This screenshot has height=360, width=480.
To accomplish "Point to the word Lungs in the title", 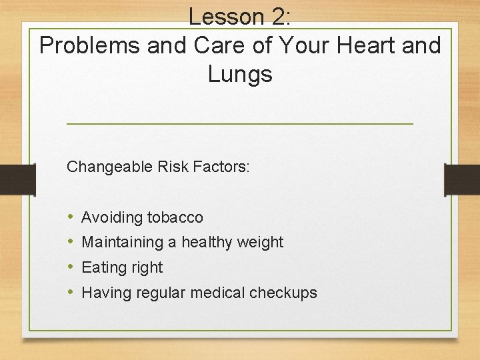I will (x=240, y=74).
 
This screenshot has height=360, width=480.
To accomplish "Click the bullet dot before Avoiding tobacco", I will (x=71, y=217).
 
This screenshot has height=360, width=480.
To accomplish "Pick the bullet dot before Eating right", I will (x=71, y=267).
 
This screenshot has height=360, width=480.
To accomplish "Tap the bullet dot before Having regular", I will (x=71, y=292).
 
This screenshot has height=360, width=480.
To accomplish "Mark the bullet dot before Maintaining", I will (x=71, y=242).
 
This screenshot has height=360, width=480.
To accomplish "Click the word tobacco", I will (x=175, y=217).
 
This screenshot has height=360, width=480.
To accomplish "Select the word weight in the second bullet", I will (x=262, y=242).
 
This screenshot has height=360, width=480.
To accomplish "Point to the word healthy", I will (x=209, y=242).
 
